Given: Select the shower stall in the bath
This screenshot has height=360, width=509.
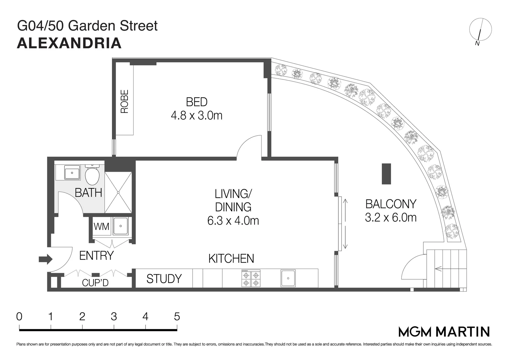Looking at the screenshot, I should (118, 192).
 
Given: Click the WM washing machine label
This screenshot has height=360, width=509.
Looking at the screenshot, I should (101, 227).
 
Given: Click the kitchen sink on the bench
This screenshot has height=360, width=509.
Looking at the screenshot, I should (288, 278).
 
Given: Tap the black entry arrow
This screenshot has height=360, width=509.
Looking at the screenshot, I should (45, 259).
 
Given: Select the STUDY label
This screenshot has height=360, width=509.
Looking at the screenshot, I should (164, 279).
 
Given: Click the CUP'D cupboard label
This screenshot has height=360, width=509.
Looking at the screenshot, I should (95, 283).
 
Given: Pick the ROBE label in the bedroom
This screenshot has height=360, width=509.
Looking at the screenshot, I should (124, 101).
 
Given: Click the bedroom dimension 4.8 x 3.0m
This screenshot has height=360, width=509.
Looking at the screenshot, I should (197, 116).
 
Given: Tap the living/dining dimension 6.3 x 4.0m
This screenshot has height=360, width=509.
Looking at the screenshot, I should (233, 221).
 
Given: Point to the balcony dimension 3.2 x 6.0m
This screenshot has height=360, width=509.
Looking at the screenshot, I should (391, 218).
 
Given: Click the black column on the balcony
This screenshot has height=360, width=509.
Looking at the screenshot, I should (386, 174).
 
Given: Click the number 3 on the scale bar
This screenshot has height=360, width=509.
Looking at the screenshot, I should (114, 316).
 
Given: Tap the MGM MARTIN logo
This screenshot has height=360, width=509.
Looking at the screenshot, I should (444, 331).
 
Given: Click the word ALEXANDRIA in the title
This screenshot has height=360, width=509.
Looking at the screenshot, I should (69, 43).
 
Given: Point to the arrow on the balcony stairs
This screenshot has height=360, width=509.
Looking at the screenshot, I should (439, 268).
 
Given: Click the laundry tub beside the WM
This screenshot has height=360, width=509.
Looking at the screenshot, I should (120, 226).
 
